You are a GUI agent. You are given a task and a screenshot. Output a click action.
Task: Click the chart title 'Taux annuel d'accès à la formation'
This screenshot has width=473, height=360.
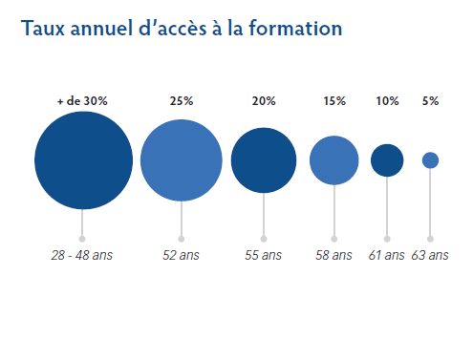(181, 29)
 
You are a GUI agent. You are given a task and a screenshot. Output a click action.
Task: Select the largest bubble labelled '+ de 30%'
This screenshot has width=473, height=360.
(83, 160)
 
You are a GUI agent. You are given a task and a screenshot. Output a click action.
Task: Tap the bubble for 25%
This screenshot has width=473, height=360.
(182, 160)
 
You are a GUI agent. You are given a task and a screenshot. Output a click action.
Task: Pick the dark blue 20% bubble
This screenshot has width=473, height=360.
(264, 160)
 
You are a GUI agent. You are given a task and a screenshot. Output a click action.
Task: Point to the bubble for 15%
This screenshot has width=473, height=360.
(334, 160)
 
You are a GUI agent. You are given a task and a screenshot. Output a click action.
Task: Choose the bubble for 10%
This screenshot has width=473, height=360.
(387, 160)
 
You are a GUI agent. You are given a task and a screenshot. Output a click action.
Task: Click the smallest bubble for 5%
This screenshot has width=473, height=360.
(430, 160)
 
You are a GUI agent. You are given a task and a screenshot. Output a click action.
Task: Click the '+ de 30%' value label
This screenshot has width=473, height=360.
(83, 101)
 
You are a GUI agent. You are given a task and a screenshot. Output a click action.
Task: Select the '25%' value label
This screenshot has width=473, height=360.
(182, 101)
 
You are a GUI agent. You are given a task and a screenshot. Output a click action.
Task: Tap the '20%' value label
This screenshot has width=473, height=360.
(264, 101)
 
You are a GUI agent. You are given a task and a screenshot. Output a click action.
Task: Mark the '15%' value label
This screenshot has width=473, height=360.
(334, 101)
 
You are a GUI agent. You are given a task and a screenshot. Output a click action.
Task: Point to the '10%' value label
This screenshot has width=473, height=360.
(387, 101)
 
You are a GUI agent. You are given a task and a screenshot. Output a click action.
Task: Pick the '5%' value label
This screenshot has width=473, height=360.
(430, 101)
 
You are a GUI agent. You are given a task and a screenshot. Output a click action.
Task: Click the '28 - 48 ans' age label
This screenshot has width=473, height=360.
(82, 256)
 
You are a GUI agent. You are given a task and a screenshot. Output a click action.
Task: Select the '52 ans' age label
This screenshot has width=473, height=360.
(182, 256)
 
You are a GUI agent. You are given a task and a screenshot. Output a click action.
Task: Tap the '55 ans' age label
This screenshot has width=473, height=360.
(264, 256)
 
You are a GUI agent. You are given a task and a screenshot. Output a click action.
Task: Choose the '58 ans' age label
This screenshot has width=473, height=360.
(334, 256)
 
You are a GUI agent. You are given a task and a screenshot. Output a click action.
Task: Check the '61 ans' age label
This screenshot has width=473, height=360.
(387, 256)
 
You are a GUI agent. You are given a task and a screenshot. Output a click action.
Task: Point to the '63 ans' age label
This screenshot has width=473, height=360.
(430, 256)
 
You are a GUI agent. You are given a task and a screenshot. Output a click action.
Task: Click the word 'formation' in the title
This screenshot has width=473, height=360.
(296, 29)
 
